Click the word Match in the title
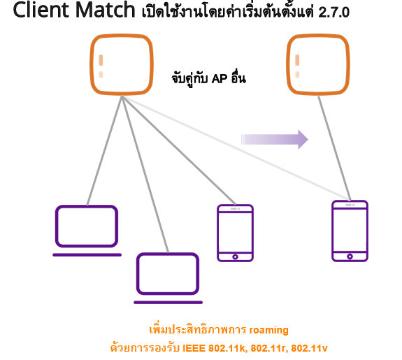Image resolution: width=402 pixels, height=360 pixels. pos(105,10)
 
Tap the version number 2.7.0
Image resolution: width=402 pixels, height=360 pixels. pos(333,12)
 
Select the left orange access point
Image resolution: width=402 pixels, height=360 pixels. pos(122,64)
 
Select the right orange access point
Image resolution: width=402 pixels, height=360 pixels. pos(318,64)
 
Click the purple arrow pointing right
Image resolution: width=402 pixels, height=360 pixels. pos(275,140)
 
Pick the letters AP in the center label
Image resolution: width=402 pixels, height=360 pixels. pos(220,79)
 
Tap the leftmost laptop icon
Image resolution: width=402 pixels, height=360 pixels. pos(87,230)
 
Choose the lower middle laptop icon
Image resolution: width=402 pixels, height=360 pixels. pos(168,278)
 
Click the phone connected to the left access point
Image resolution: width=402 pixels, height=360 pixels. pos(236,233)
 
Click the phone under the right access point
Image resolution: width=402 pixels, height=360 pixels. pos(350,231)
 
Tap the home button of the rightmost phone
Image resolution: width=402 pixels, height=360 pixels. pos(350,257)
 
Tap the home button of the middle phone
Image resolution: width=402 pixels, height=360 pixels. pos(236,257)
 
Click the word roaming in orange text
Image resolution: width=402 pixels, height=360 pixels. pos(268,330)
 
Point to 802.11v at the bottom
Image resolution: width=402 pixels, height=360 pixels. pos(309,348)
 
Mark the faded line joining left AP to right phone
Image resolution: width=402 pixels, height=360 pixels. pos(236,148)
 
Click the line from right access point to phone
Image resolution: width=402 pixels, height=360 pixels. pos(334,148)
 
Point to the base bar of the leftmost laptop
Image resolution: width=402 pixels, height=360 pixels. pos(87,255)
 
